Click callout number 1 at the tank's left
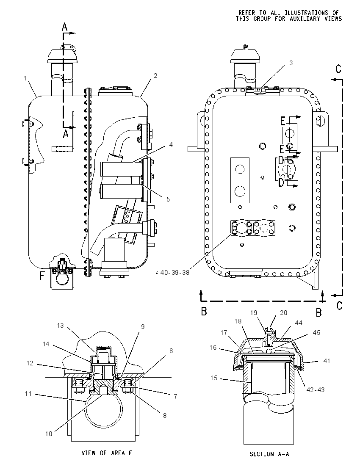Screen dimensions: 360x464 [25, 78]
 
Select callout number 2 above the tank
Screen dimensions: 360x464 [155, 76]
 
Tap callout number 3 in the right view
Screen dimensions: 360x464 [291, 63]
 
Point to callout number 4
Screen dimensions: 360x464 [171, 145]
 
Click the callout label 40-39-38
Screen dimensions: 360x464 [174, 273]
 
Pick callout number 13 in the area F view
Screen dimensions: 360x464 [61, 326]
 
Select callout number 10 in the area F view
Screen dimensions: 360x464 [49, 434]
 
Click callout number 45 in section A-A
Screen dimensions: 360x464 [316, 333]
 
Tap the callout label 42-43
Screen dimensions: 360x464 [316, 390]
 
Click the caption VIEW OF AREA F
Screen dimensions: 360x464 [107, 453]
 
